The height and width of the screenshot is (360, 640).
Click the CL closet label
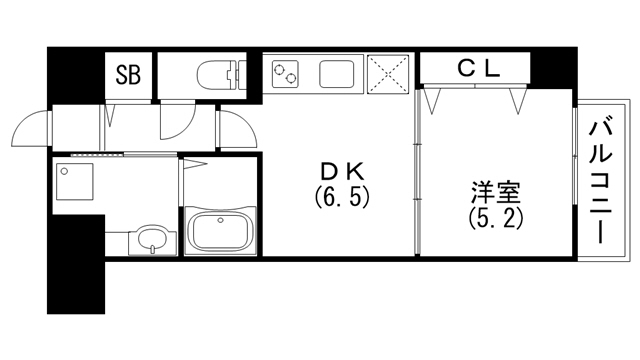click(x=478, y=68)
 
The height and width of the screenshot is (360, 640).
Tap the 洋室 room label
click(x=497, y=191)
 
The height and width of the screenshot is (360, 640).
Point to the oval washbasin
click(x=153, y=240)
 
